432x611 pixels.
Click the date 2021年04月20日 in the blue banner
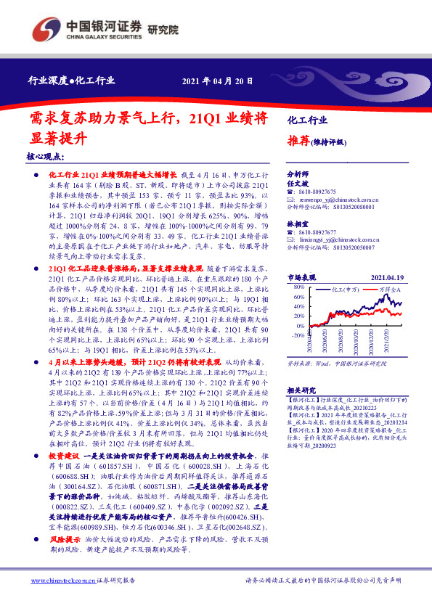click(217, 80)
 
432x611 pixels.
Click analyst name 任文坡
click(298, 184)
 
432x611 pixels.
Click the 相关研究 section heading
click(302, 389)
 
